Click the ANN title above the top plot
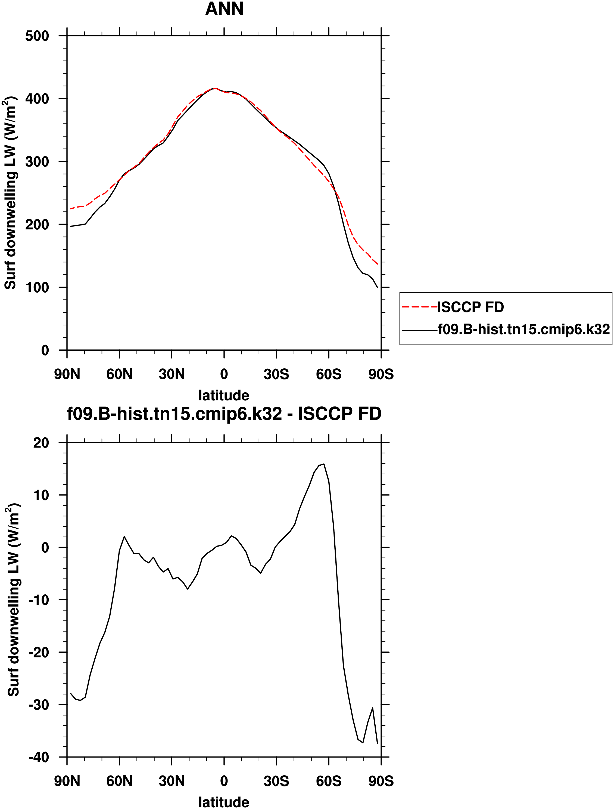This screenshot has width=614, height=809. (x=224, y=9)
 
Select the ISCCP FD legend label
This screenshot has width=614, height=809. (x=470, y=307)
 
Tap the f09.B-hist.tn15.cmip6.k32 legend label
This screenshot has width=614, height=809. (x=523, y=330)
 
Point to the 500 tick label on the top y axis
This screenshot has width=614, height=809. (x=37, y=36)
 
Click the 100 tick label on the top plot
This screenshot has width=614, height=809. (x=37, y=287)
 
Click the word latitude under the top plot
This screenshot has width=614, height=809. (x=224, y=395)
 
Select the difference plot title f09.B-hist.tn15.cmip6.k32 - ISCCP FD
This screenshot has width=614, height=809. (x=224, y=414)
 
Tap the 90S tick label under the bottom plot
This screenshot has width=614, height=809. (x=381, y=782)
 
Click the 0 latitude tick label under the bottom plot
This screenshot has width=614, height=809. (x=224, y=782)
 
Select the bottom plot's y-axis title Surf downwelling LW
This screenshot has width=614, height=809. (x=14, y=600)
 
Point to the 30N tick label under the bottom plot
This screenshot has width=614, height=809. (x=172, y=782)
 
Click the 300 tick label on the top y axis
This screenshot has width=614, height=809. (x=37, y=162)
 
